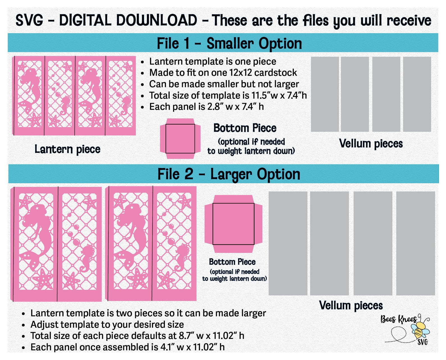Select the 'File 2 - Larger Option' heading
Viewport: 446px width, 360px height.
(229, 174)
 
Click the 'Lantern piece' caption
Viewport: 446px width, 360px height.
(67, 149)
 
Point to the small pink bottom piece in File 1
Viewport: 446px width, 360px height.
(180, 139)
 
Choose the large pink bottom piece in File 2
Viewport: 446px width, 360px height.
(233, 224)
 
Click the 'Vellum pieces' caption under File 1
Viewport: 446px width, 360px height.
(371, 144)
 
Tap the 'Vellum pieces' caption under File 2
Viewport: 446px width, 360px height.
(351, 305)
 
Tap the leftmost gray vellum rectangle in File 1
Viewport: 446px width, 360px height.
(325, 94)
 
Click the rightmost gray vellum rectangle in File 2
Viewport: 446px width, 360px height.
(416, 243)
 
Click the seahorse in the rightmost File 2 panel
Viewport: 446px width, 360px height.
(182, 257)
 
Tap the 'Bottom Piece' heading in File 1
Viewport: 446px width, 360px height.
(245, 128)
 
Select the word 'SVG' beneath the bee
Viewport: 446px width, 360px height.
(423, 342)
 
